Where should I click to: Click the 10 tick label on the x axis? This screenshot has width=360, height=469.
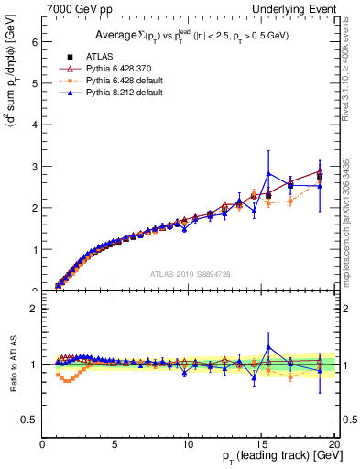click(x=188, y=444)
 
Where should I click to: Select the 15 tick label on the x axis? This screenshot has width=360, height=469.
click(x=260, y=444)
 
